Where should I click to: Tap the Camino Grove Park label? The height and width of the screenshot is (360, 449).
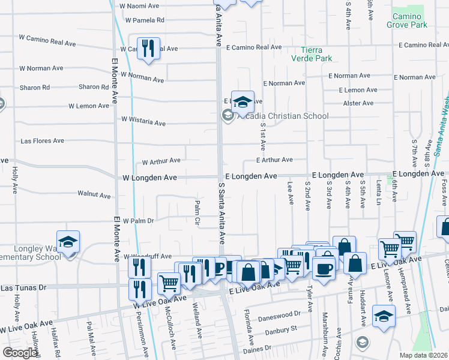pos(410,20)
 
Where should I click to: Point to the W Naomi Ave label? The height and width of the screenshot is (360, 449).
pos(139,5)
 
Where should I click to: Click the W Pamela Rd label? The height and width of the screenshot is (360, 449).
pos(145,20)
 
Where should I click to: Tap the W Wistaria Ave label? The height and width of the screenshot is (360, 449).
pos(143,122)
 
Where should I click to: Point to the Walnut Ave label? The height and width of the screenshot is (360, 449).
pos(94,194)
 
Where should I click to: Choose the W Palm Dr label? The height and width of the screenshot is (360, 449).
pos(138,221)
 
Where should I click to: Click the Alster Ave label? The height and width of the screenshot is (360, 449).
pos(358,103)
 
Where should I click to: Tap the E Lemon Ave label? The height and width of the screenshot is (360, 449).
pos(358,90)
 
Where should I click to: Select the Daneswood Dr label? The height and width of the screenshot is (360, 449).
pos(280,314)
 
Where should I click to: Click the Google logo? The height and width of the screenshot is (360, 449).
pos(20,353)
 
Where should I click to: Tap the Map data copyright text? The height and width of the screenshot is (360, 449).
pos(424,355)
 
